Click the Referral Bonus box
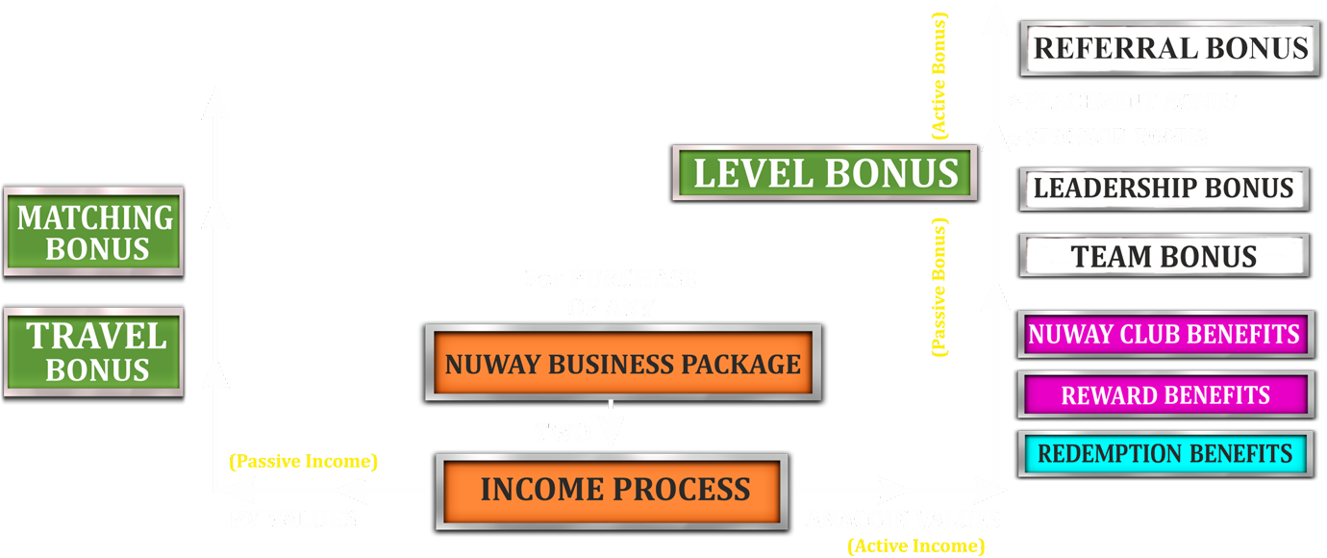tap(1170, 48)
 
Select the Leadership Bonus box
tap(1164, 188)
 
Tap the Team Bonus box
tap(1164, 257)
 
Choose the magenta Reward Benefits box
tap(1164, 395)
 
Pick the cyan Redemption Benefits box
tap(1164, 453)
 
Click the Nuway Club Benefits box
tap(1164, 335)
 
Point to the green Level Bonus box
tap(826, 174)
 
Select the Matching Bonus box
tap(95, 232)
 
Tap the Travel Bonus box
tap(95, 352)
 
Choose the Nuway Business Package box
tap(622, 365)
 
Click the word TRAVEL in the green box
tap(96, 337)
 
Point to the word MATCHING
tap(95, 217)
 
